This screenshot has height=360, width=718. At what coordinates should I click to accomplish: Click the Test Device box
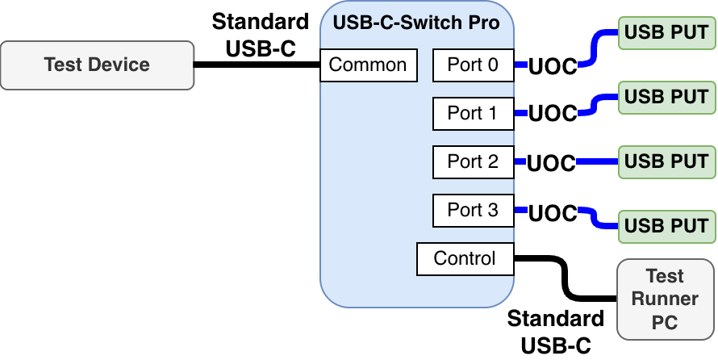click(97, 65)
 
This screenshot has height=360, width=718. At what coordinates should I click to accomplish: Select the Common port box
click(368, 65)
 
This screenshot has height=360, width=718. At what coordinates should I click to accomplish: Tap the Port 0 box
click(473, 65)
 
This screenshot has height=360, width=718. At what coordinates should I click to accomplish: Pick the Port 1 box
click(473, 113)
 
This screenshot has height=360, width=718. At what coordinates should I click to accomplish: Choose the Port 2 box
click(473, 161)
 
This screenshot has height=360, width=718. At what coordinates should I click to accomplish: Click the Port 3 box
click(473, 210)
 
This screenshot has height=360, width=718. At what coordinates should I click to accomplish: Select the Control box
click(465, 258)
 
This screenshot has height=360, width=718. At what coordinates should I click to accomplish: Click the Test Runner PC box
click(666, 299)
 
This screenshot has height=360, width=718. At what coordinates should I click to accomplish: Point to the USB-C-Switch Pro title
click(416, 22)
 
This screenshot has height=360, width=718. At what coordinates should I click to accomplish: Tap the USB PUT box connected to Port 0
click(666, 33)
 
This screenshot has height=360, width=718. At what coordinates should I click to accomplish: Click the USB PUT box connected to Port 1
click(666, 98)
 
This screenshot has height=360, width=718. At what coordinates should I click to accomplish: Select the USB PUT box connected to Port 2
click(666, 161)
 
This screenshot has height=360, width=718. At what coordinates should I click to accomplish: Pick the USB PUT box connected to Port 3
click(666, 225)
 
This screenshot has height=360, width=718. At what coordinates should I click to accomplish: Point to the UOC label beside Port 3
click(553, 214)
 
